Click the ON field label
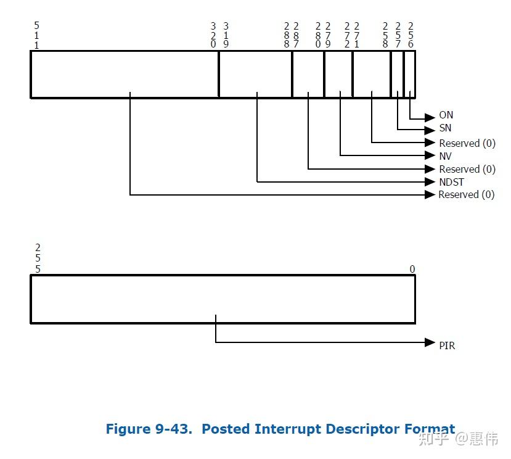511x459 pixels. tap(446, 115)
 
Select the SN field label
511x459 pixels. tap(445, 128)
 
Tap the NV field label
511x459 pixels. tap(445, 156)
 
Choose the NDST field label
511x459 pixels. tap(451, 182)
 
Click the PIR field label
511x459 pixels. tap(447, 345)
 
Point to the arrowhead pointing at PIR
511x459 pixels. tap(430, 342)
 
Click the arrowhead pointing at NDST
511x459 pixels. tap(430, 182)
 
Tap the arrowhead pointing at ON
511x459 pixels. tap(430, 116)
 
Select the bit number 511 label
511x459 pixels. tap(36, 36)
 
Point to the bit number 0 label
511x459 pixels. tap(412, 269)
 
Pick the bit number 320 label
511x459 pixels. tap(213, 36)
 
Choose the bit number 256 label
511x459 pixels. tap(411, 36)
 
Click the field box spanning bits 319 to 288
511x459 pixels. tap(255, 74)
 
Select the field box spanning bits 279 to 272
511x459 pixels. tap(338, 74)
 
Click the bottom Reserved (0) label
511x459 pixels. tap(467, 195)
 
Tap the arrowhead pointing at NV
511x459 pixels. tap(430, 156)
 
